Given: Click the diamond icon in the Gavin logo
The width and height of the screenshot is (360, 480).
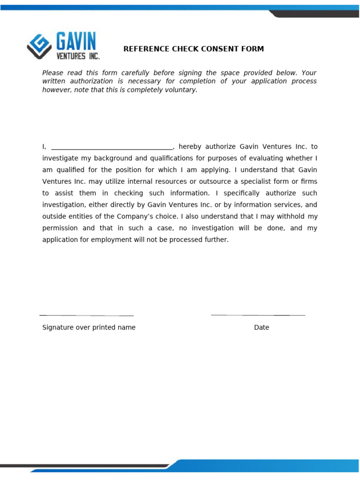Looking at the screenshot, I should [x=39, y=45].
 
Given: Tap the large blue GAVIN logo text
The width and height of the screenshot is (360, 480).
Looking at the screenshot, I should [x=76, y=41].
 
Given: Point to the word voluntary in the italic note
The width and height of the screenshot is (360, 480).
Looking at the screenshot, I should [x=181, y=90].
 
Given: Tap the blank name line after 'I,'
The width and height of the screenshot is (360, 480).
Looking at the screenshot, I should [x=112, y=147].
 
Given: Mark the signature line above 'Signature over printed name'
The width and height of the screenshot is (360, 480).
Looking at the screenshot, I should [x=87, y=315].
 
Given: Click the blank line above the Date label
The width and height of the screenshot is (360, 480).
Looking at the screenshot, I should [x=258, y=315].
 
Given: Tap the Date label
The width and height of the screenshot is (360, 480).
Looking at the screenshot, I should [x=262, y=328].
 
